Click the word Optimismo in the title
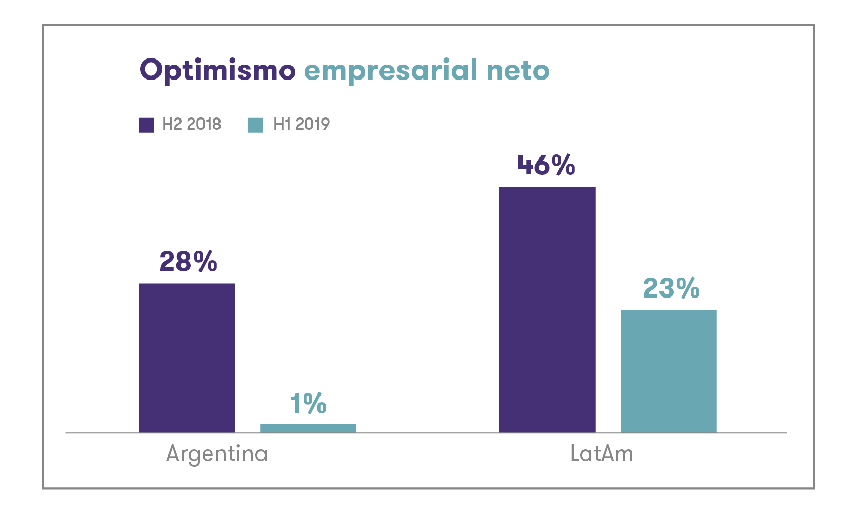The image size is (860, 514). pyautogui.click(x=217, y=70)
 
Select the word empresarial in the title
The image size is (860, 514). pyautogui.click(x=391, y=70)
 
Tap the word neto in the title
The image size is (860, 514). pyautogui.click(x=518, y=70)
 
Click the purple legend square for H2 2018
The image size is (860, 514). pyautogui.click(x=147, y=125)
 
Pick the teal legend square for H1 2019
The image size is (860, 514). pyautogui.click(x=255, y=125)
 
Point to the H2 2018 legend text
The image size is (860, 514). pyautogui.click(x=191, y=124)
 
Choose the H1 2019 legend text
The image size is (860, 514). pyautogui.click(x=302, y=124)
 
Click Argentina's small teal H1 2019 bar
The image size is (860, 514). pyautogui.click(x=308, y=428)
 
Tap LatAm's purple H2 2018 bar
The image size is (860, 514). pyautogui.click(x=548, y=310)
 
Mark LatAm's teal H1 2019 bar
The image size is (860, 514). pyautogui.click(x=668, y=371)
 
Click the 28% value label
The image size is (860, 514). pyautogui.click(x=188, y=262)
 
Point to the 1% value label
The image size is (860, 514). pyautogui.click(x=308, y=404)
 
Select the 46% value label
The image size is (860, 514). pyautogui.click(x=546, y=165)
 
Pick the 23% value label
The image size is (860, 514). pyautogui.click(x=671, y=288)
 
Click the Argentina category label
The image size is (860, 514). pyautogui.click(x=217, y=454)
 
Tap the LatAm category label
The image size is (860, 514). pyautogui.click(x=602, y=454)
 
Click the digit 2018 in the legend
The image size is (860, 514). pyautogui.click(x=204, y=124)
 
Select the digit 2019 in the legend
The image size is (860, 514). pyautogui.click(x=312, y=124)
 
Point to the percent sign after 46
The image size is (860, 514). pyautogui.click(x=564, y=165)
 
